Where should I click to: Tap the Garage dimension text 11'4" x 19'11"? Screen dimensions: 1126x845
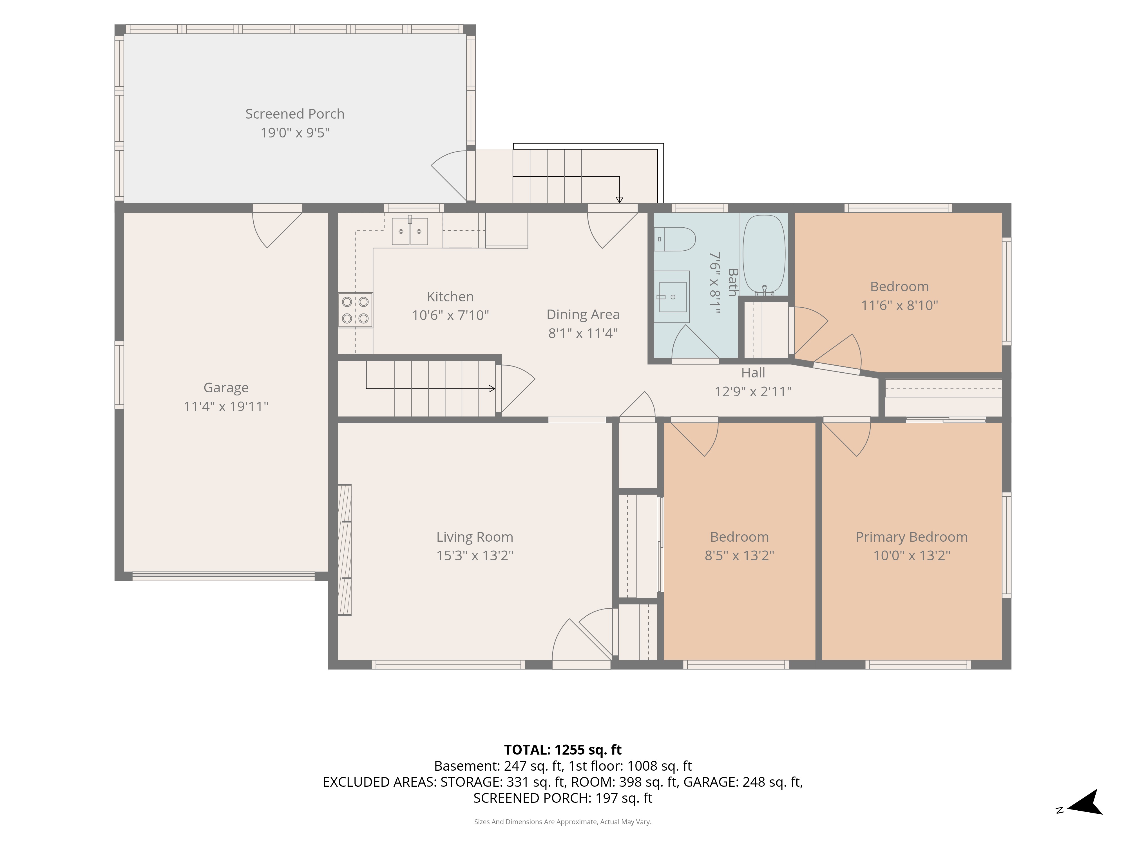(226, 406)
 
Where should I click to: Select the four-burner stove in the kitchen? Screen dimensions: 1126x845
(355, 310)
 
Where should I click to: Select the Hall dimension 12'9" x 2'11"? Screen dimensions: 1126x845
(753, 392)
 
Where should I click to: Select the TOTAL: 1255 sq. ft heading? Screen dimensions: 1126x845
(562, 750)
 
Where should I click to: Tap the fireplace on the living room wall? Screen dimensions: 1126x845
(345, 550)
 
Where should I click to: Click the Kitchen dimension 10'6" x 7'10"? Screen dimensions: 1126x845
(450, 315)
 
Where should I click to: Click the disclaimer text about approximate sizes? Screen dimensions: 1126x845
(562, 822)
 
